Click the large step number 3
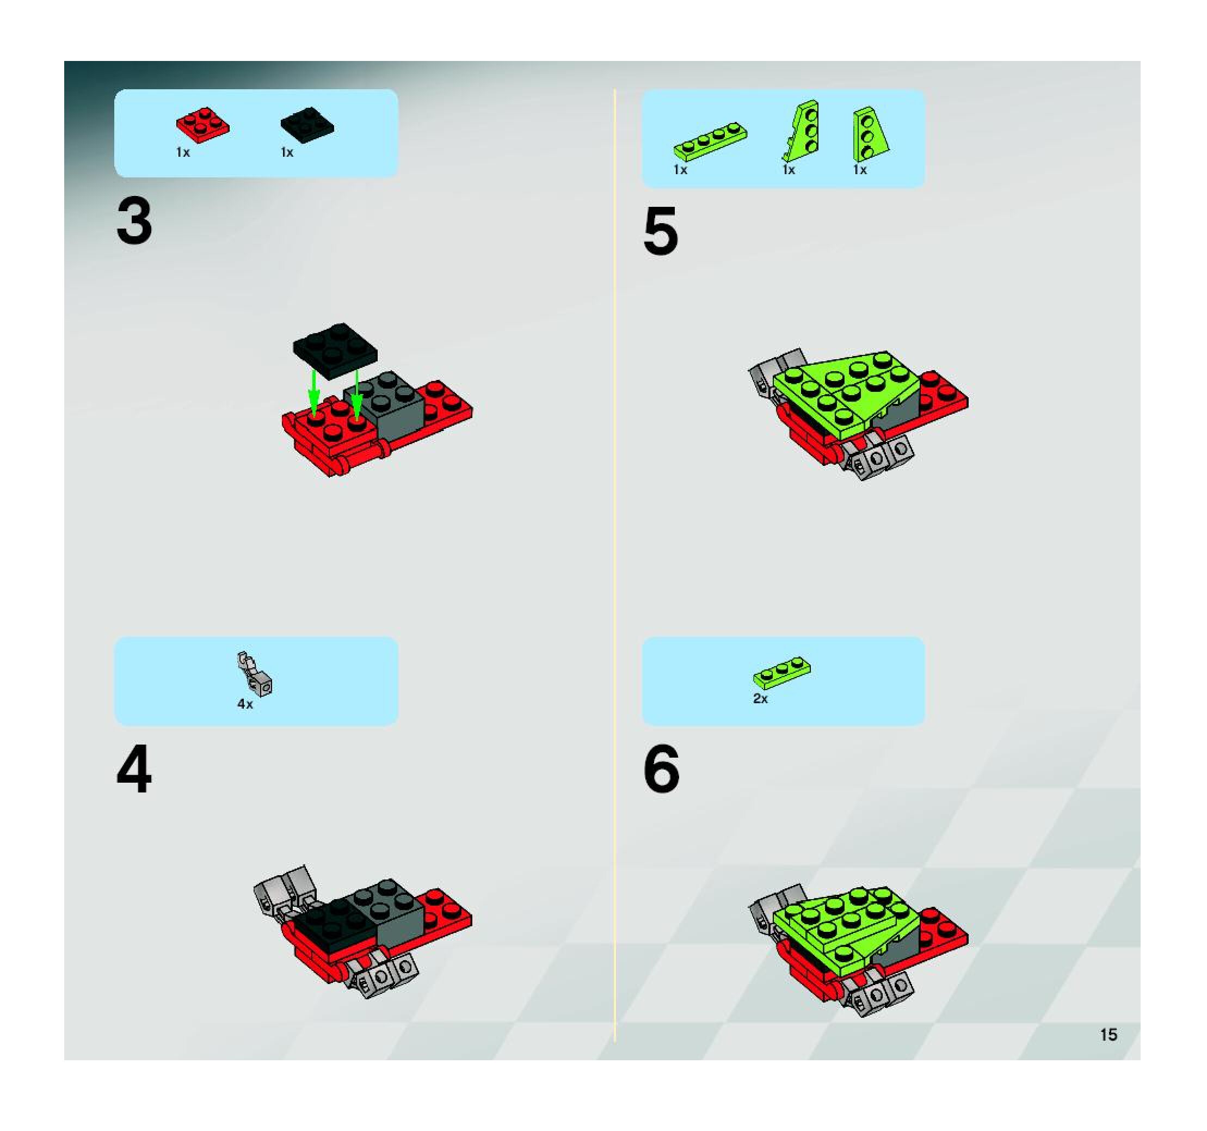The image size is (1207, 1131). coord(134,222)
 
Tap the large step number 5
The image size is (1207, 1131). coord(661,231)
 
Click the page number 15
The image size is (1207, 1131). coord(1108,1035)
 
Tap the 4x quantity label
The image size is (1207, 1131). coord(245,704)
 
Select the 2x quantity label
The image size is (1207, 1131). coord(760,699)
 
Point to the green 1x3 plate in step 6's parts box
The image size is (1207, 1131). coord(782,672)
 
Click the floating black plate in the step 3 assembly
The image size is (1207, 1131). coord(335,351)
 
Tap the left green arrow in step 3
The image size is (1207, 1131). coord(313,393)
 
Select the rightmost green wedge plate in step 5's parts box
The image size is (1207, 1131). coord(870,134)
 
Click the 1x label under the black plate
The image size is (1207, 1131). coord(287,152)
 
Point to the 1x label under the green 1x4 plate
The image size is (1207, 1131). coord(681,170)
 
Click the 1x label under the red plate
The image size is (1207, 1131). coord(183,152)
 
